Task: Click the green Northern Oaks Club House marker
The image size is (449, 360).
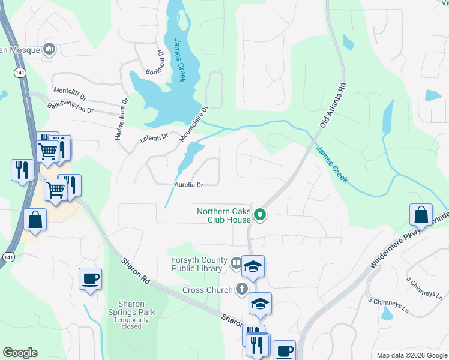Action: coord(260,214)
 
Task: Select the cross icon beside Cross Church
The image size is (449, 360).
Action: coord(241,290)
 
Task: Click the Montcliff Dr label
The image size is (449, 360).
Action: coord(70,94)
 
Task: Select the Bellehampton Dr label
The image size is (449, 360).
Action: coord(71,107)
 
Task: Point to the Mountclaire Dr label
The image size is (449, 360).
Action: coord(193,124)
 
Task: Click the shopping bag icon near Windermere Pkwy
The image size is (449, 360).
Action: coord(421,215)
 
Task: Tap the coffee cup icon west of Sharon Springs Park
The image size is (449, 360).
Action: coord(90,279)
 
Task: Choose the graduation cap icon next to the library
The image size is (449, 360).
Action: coord(253,266)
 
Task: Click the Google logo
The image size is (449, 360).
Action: coord(20,353)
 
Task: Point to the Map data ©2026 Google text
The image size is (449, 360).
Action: coord(411,355)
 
